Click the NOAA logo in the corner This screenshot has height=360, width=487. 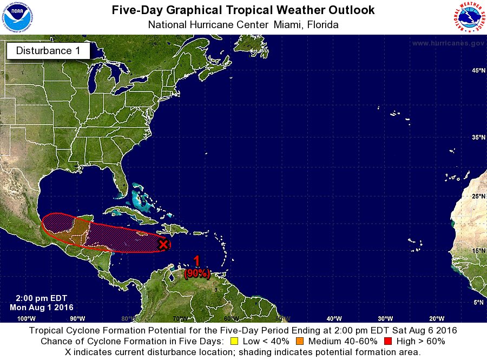[17, 18]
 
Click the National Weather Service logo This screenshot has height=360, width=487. [469, 18]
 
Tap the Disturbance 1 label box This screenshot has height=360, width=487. [48, 51]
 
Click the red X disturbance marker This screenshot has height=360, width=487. [163, 245]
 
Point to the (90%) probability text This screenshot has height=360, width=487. [196, 274]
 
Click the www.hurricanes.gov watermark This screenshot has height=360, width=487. [447, 43]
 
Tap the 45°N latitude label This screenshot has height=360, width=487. [478, 71]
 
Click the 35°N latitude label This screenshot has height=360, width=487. [478, 138]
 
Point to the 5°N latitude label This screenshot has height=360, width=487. [479, 303]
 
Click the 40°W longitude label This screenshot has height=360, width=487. [333, 318]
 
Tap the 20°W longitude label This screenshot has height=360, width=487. [437, 318]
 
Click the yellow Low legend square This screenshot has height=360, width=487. [234, 342]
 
